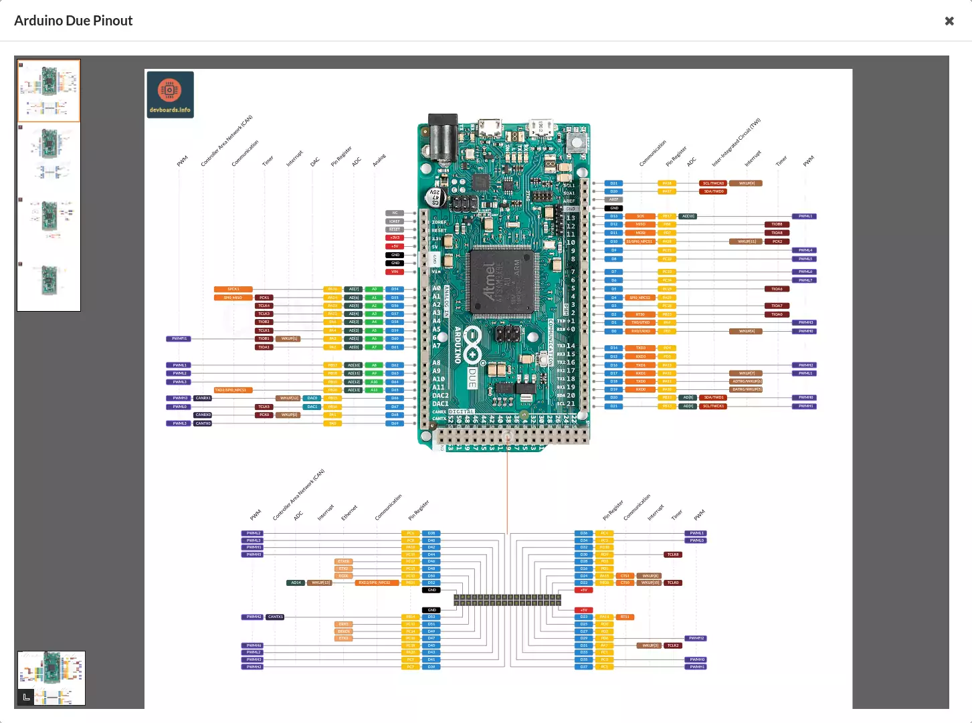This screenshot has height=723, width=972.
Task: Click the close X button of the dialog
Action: coord(949,21)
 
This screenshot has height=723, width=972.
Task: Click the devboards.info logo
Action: coord(170,94)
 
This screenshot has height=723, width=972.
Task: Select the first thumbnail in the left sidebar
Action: coord(49,90)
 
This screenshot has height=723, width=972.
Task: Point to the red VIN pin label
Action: coord(395,272)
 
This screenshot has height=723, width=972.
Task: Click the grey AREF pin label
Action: coord(613,199)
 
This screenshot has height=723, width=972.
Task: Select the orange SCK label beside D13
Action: coord(640,216)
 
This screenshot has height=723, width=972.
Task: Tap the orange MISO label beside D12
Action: coord(640,225)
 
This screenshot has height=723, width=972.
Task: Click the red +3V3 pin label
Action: coord(395,237)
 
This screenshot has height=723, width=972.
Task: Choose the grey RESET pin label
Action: coord(395,229)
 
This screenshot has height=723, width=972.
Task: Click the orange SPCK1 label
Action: coord(233,290)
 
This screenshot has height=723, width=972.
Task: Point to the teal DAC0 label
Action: coord(312,398)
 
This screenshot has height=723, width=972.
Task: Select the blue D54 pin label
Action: coord(395,290)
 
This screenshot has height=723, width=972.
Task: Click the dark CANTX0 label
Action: coord(203,423)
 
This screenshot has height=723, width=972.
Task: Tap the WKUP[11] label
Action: coord(747,241)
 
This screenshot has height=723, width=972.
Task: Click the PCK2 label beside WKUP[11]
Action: coord(777,241)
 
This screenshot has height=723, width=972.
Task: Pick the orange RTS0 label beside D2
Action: coord(640,314)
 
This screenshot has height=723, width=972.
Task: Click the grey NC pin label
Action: coord(395,213)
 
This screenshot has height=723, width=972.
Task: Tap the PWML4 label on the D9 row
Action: coord(805,250)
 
